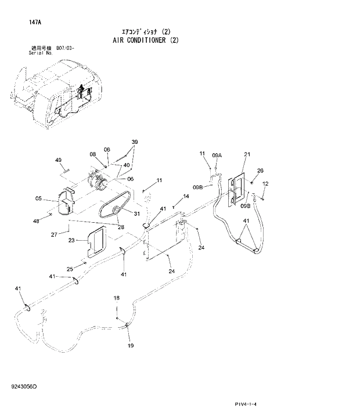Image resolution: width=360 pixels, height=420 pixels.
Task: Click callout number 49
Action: [59, 160]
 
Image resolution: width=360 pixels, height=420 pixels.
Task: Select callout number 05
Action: [38, 198]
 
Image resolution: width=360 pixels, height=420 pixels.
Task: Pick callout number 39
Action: [134, 142]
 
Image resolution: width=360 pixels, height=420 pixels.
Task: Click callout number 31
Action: [137, 213]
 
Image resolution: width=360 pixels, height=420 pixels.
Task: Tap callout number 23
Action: [71, 240]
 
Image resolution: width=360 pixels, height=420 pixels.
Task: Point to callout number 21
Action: [247, 154]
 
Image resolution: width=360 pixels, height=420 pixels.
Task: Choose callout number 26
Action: [260, 171]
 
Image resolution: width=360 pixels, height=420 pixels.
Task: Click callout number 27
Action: [54, 234]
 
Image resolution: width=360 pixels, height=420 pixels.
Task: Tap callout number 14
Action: [186, 197]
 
